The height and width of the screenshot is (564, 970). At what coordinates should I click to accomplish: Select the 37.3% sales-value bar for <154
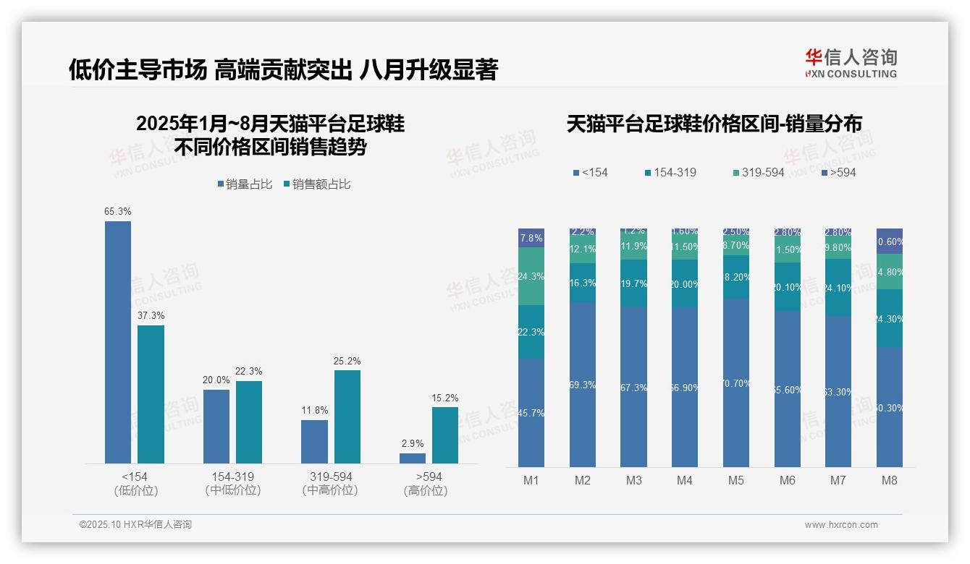click(151, 394)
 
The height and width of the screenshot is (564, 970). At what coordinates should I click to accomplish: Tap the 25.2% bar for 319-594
click(347, 416)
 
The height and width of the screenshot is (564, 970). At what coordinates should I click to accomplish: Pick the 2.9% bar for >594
click(413, 458)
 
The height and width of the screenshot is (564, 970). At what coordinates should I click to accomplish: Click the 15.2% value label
click(445, 398)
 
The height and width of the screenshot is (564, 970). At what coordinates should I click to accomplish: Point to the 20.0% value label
click(216, 380)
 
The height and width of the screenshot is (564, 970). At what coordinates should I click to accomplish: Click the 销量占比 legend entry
click(244, 184)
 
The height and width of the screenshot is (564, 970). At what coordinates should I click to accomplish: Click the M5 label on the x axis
click(736, 481)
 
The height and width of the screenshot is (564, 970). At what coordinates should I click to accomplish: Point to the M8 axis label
click(890, 481)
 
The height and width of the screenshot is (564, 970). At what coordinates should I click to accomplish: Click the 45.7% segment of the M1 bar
click(531, 413)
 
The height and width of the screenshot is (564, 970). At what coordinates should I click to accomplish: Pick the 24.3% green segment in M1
click(531, 276)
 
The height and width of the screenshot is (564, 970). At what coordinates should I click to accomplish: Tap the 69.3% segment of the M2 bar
click(583, 385)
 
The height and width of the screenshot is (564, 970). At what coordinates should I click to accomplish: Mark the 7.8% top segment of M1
click(531, 238)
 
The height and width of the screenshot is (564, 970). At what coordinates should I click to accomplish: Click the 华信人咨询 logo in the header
click(851, 63)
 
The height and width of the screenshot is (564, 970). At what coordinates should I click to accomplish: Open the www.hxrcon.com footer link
click(841, 525)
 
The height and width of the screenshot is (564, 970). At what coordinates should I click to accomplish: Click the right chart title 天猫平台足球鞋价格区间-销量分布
click(714, 124)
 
